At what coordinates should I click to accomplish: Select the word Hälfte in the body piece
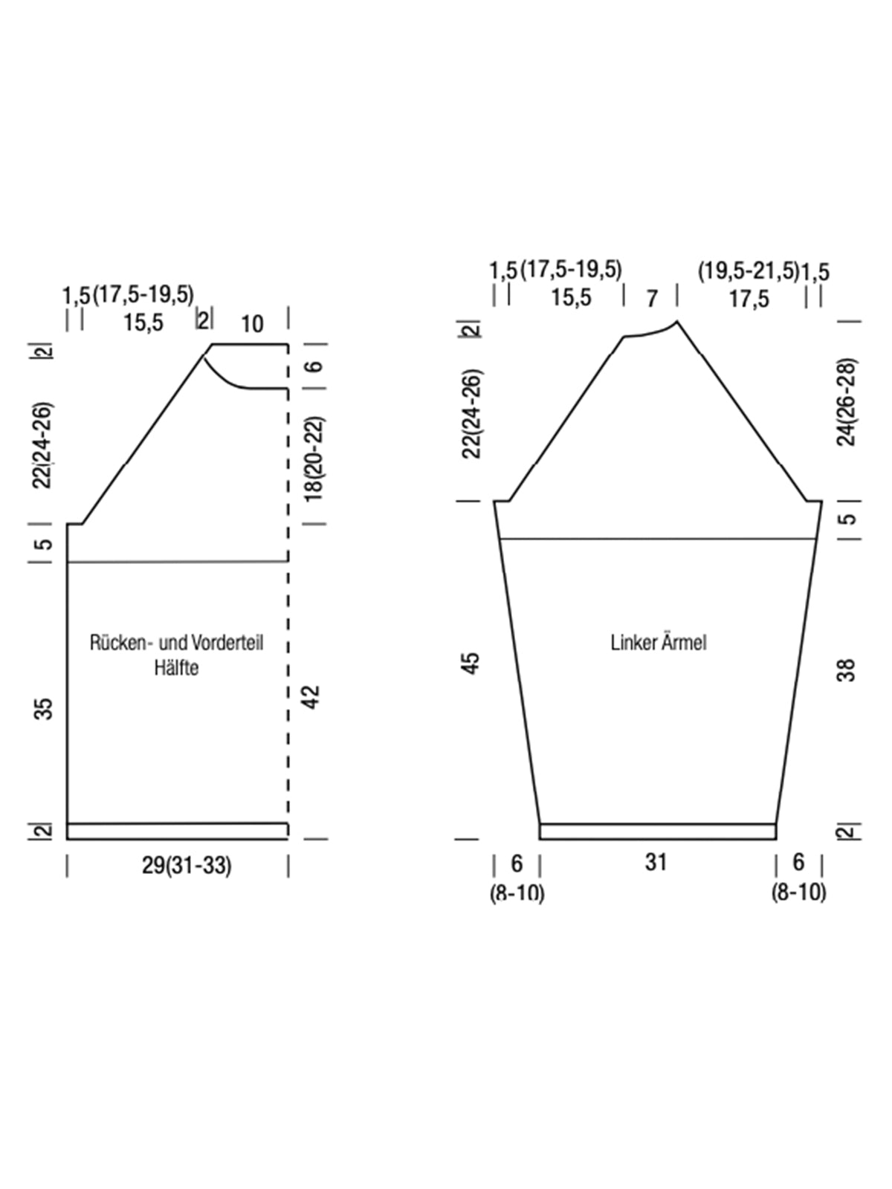point(177,667)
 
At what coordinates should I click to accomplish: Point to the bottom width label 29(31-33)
point(187,866)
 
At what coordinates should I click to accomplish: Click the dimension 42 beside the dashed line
point(312,697)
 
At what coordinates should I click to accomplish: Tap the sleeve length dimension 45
point(472,664)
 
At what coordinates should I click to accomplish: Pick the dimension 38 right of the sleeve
point(847,670)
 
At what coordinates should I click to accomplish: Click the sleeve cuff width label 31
point(656,862)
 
